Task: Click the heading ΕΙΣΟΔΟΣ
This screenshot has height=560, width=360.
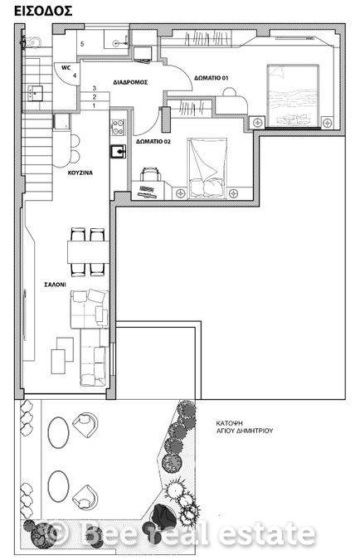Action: click(x=43, y=11)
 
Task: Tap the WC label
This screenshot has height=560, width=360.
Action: click(x=66, y=67)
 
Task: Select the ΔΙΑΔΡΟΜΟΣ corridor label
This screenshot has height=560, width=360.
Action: click(x=130, y=82)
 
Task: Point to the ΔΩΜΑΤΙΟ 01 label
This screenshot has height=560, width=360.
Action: click(x=211, y=77)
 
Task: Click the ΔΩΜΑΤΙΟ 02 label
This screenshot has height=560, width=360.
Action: click(x=153, y=141)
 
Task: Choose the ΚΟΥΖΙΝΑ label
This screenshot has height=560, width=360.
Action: click(x=80, y=173)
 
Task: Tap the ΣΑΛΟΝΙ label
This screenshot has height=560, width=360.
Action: click(x=55, y=285)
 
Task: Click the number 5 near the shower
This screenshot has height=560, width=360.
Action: click(x=82, y=44)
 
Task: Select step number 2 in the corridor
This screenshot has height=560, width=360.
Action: click(x=95, y=97)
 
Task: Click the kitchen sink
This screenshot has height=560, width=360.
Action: click(x=118, y=151)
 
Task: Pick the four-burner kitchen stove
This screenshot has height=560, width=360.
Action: click(x=118, y=127)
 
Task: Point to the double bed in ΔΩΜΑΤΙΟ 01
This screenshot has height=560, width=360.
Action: click(x=293, y=95)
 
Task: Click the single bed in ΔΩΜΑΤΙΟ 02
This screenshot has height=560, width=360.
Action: click(x=207, y=168)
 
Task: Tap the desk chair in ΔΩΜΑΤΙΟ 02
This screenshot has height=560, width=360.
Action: click(x=150, y=175)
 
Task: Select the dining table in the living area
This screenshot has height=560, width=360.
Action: click(x=88, y=252)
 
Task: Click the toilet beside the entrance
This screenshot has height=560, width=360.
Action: click(x=31, y=42)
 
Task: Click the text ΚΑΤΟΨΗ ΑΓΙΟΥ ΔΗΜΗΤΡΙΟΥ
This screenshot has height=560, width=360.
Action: click(x=244, y=426)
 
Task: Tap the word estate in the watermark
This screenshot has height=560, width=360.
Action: click(x=267, y=533)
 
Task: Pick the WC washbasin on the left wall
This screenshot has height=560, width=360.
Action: click(x=34, y=93)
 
